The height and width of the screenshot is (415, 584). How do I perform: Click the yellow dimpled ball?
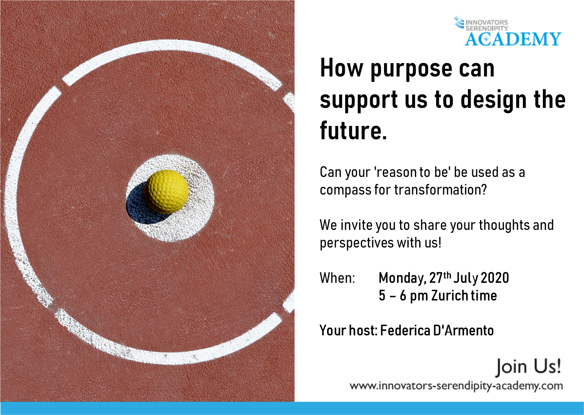point(166,191)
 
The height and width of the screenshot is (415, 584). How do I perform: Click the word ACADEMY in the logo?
point(513,39)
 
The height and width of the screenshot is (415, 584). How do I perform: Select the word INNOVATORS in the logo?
point(487,22)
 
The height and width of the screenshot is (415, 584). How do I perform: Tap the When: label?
point(337,278)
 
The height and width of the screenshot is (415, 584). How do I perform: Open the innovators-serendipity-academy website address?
point(456,386)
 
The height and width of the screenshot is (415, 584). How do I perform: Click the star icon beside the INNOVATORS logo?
point(457,19)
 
